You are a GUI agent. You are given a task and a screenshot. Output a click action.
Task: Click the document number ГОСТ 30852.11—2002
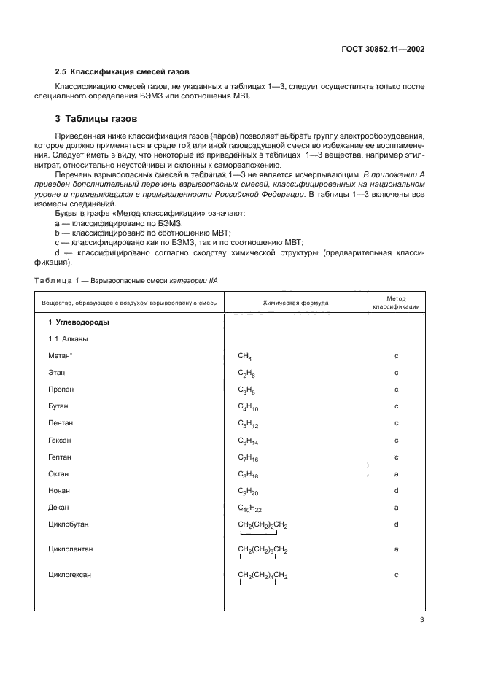click(x=383, y=50)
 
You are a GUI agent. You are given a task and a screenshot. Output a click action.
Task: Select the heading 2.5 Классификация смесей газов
click(x=123, y=71)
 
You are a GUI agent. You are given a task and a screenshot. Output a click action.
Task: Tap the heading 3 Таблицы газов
click(x=98, y=119)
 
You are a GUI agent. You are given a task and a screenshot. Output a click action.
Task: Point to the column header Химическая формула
click(x=295, y=302)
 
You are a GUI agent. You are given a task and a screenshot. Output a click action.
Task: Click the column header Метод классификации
click(x=396, y=302)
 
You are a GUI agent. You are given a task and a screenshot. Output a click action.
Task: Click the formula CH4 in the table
click(x=245, y=357)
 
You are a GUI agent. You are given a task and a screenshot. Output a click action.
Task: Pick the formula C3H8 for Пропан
click(x=246, y=390)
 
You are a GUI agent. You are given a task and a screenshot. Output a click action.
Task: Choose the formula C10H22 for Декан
click(x=250, y=508)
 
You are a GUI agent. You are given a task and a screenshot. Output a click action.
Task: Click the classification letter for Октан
click(x=396, y=474)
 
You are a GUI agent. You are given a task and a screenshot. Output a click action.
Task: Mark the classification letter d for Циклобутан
click(x=396, y=524)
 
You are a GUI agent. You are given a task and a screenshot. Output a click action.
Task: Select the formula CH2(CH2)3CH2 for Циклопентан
click(x=263, y=549)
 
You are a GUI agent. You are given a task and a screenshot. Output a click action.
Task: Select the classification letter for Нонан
click(x=396, y=491)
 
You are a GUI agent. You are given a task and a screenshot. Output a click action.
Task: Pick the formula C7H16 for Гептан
click(x=248, y=457)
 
